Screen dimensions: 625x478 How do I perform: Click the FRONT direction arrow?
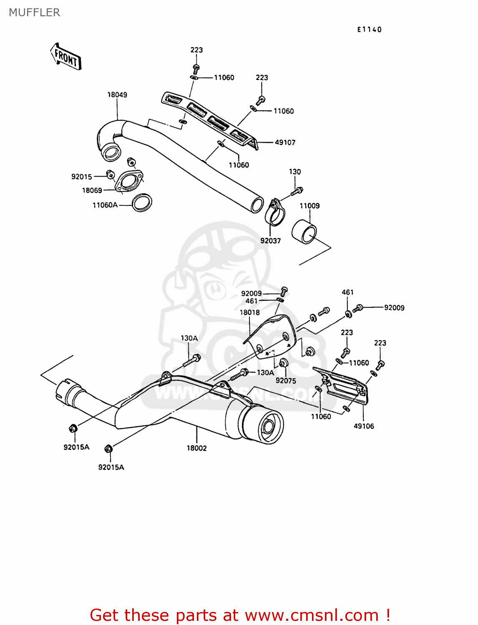[66, 56]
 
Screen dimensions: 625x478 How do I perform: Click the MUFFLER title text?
[35, 12]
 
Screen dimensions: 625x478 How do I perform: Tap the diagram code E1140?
[369, 29]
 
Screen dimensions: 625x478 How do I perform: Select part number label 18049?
[117, 95]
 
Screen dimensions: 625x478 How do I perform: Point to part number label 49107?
[285, 142]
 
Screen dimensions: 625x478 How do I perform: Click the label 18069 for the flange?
[92, 190]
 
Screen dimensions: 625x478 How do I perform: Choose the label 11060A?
[105, 205]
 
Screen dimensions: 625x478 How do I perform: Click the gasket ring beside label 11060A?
[142, 203]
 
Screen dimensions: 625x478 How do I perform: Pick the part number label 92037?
[271, 240]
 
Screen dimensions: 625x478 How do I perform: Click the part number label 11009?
[309, 206]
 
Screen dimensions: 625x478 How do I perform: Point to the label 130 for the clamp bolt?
[295, 172]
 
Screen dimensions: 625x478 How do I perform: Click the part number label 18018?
[249, 312]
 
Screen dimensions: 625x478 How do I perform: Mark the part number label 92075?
[286, 380]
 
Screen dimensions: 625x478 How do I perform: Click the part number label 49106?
[364, 426]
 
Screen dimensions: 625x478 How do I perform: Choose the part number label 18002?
[196, 448]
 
